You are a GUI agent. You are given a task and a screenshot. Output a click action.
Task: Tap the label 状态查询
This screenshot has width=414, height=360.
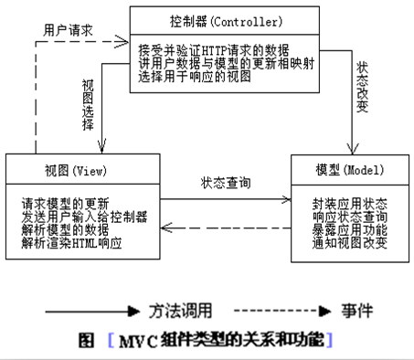pos(228,182)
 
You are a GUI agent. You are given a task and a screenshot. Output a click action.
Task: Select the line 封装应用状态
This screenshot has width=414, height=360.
pos(343,203)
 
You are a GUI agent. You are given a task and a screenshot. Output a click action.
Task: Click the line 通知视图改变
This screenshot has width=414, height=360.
pos(343,244)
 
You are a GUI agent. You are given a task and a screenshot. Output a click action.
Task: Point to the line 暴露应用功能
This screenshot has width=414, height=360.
pos(343,230)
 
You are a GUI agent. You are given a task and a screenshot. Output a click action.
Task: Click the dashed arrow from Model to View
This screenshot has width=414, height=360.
pos(228,228)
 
